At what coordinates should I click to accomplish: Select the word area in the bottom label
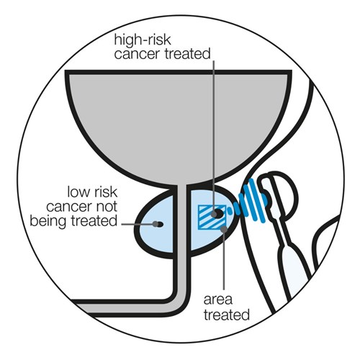(x=225, y=299)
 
